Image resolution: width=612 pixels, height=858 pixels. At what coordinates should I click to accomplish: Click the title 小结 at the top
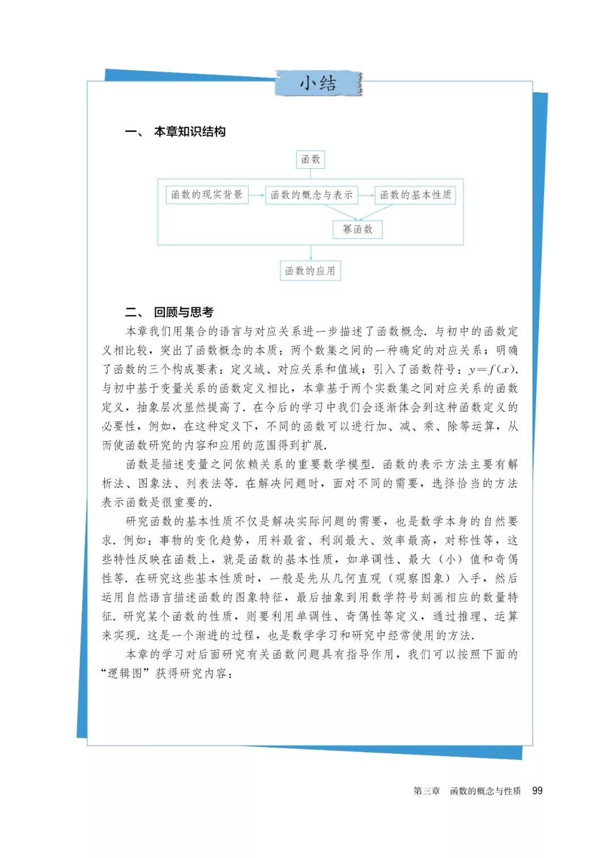coord(318,84)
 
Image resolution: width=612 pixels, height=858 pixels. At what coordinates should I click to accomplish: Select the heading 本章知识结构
coord(190,132)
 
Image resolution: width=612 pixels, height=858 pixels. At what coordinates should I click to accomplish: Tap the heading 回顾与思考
coord(184,312)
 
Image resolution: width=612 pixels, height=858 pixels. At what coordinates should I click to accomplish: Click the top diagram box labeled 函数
coord(311,160)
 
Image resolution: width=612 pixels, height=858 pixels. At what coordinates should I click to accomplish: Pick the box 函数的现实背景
coord(207,195)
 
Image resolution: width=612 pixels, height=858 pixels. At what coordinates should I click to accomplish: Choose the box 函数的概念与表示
coord(312,195)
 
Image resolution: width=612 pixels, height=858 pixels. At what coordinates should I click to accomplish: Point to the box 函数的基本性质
coord(415,195)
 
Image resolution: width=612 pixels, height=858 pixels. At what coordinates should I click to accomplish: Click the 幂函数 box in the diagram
coord(358,229)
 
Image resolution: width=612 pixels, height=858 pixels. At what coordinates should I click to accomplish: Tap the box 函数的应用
coord(310,271)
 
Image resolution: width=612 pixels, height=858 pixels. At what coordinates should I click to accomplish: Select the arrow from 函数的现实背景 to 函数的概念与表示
coord(257,195)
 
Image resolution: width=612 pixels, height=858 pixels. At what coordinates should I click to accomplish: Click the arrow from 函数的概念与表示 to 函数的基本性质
coord(366,195)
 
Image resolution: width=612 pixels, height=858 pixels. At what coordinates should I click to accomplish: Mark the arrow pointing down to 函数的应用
coord(311,253)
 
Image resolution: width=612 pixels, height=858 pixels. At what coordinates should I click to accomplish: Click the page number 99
coord(537,791)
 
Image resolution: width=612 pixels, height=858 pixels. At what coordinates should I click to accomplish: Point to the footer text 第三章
coord(426,791)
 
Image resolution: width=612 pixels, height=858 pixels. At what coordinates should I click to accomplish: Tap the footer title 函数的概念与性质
coord(485,791)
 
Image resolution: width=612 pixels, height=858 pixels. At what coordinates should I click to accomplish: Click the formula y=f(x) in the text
coord(492,370)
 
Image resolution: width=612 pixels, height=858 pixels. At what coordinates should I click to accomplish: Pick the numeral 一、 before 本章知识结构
coord(134,132)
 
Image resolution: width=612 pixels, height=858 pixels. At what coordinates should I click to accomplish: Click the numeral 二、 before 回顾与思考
coord(134,312)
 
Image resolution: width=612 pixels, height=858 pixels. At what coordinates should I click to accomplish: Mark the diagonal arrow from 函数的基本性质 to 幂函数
coord(376,212)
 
